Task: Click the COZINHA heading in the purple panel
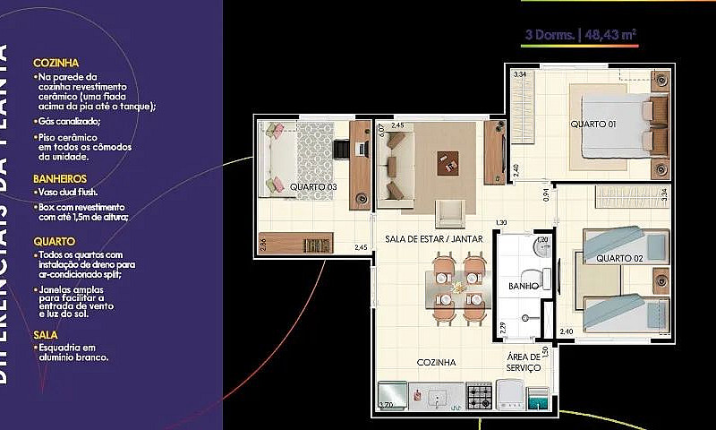[x=56, y=64]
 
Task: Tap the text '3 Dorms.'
[x=550, y=36]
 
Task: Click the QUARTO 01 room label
[x=592, y=124]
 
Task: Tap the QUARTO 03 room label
[x=312, y=186]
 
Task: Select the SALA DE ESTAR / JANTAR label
[x=434, y=239]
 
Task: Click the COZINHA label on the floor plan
[x=437, y=363]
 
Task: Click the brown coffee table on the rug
[x=447, y=162]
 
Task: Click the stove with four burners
[x=479, y=394]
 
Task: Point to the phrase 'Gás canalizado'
[x=69, y=121]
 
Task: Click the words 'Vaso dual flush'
[x=68, y=192]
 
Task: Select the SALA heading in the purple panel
[x=46, y=334]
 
